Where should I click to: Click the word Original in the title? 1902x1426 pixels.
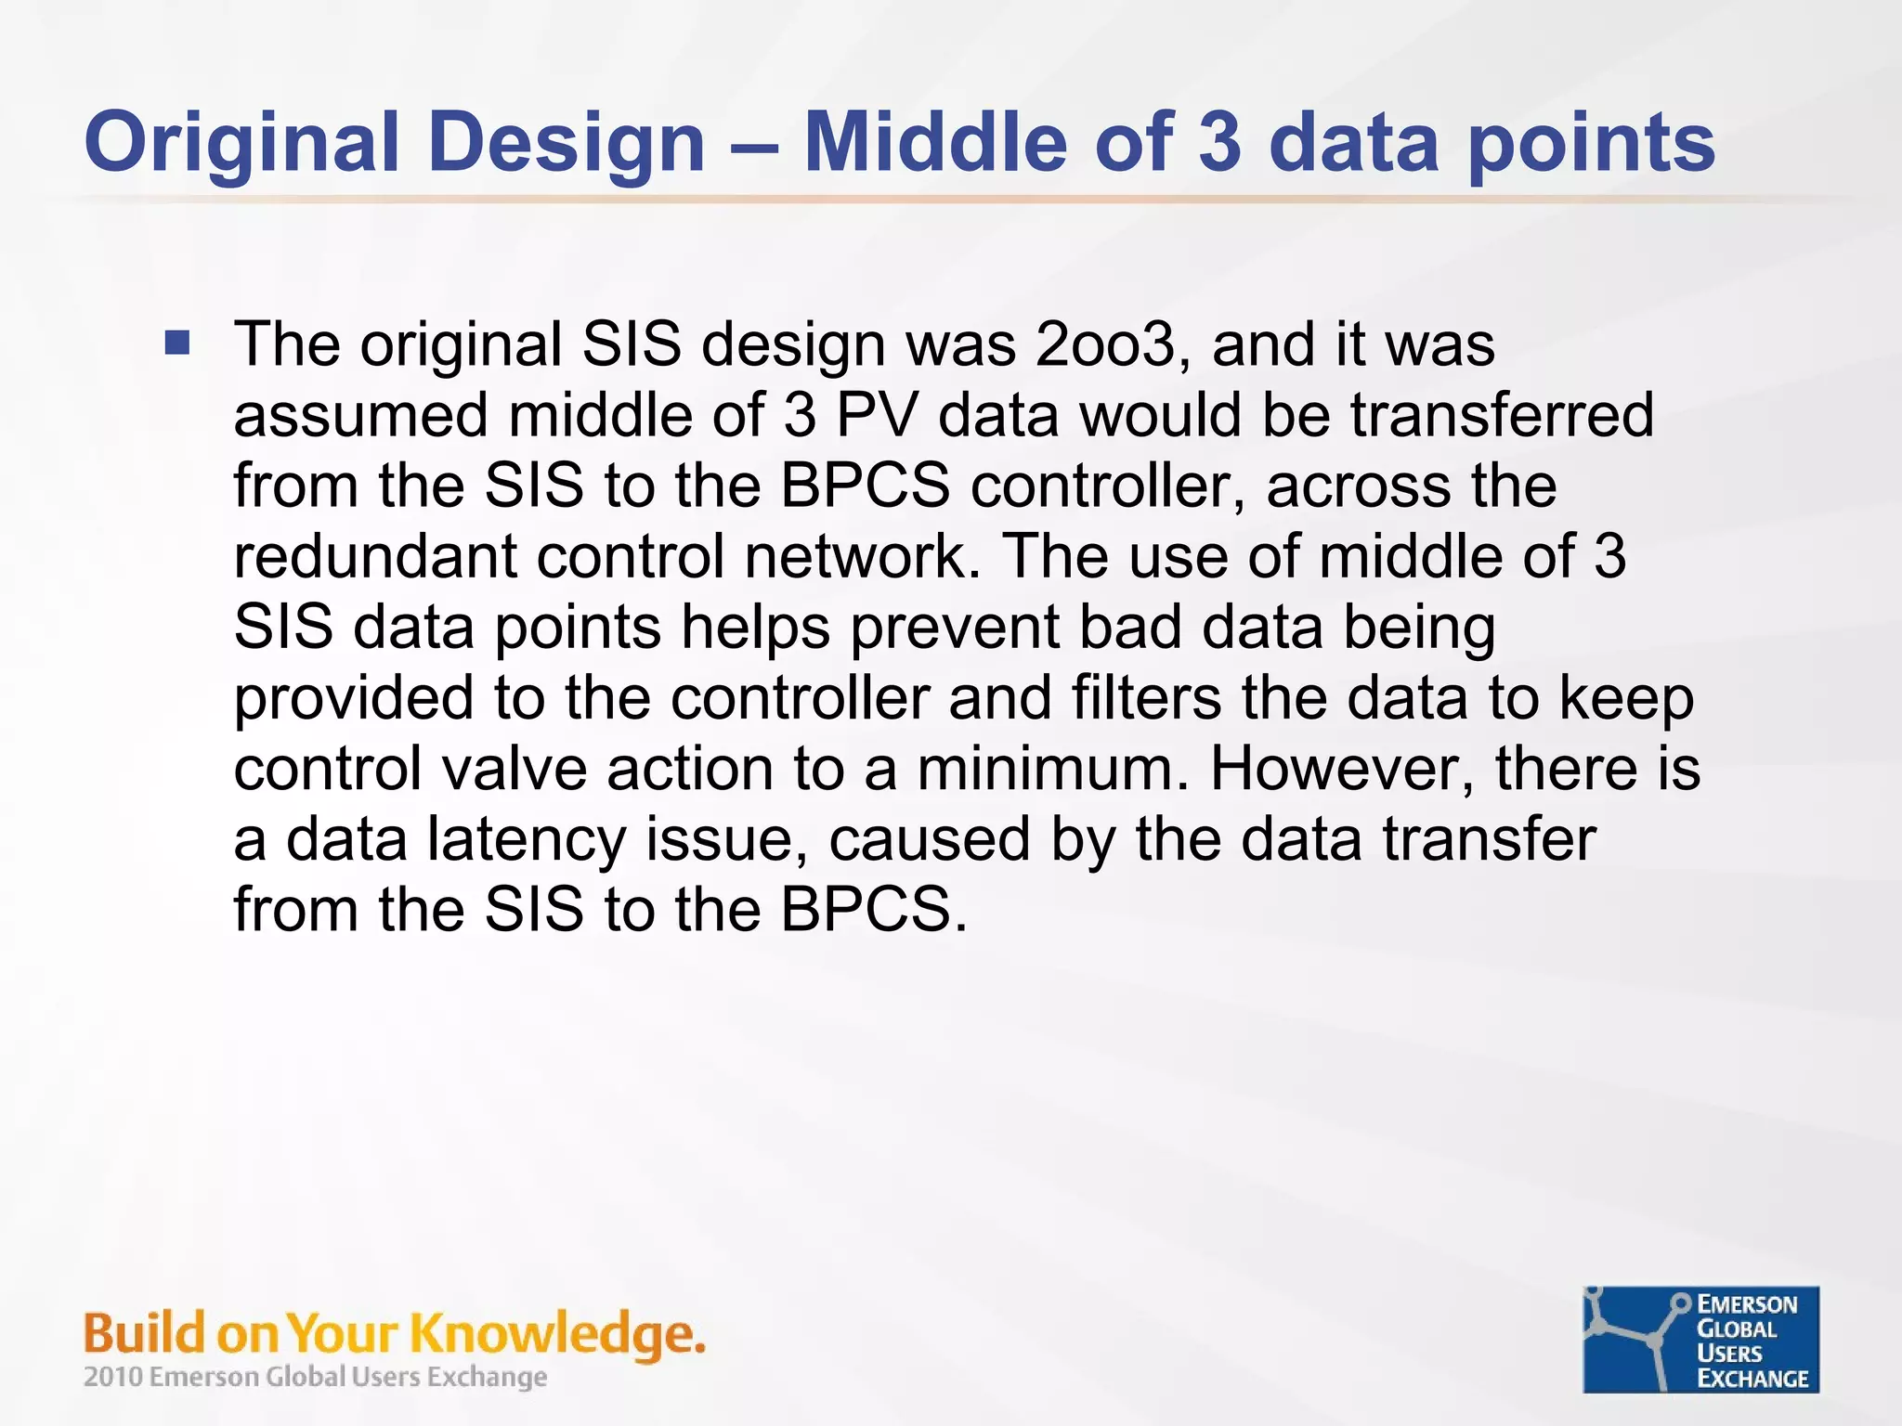coord(241,144)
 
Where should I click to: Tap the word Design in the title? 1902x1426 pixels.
coord(567,144)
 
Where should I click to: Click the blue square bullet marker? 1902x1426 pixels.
coord(176,344)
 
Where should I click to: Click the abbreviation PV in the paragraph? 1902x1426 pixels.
coord(876,415)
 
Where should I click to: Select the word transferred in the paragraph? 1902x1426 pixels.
coord(1502,415)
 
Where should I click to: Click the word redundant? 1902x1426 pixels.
coord(374,556)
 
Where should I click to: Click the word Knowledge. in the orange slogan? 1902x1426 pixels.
coord(557,1334)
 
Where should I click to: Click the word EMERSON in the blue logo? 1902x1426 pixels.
coord(1747,1304)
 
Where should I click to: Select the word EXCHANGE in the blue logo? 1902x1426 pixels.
coord(1752,1379)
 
